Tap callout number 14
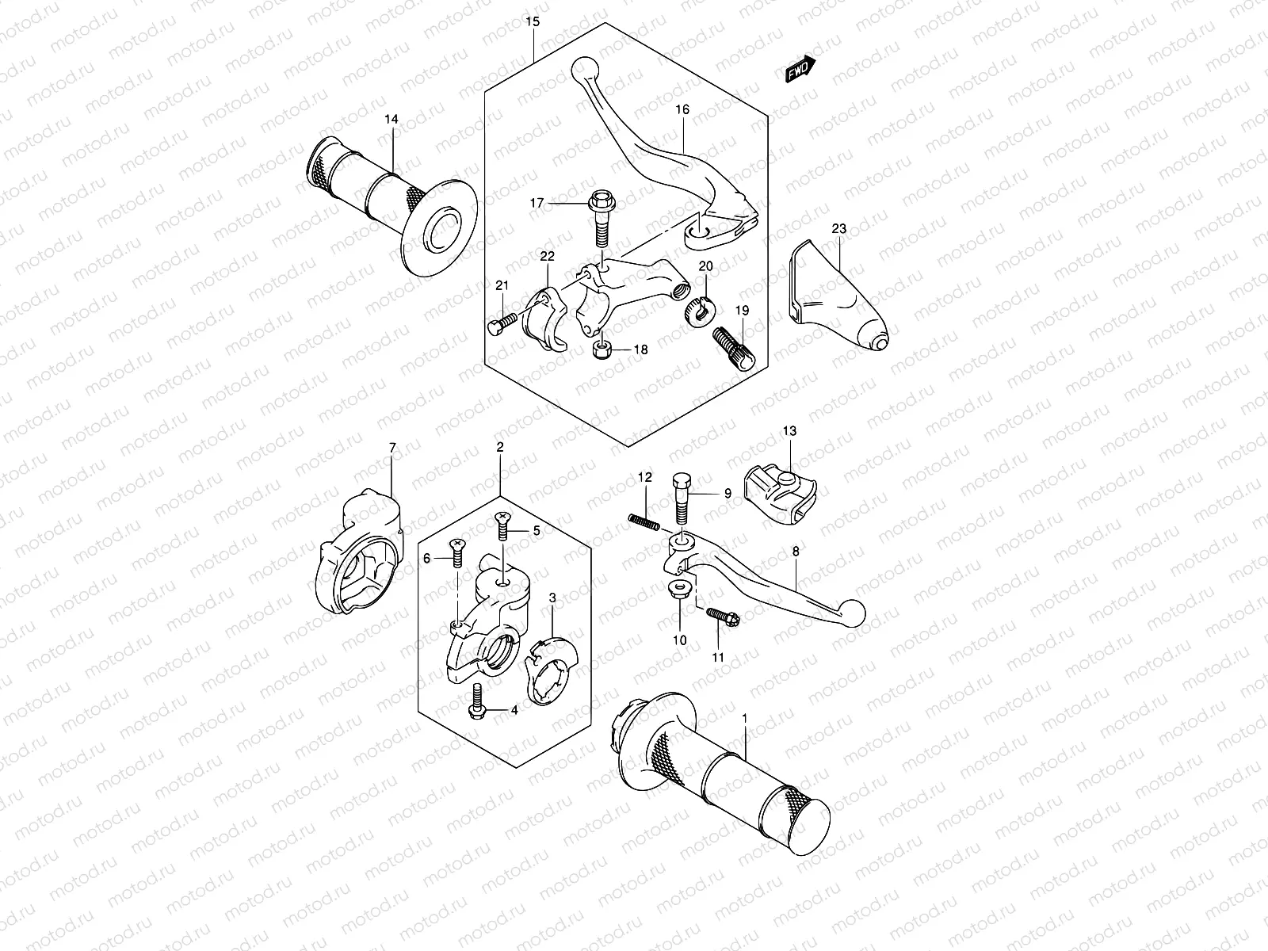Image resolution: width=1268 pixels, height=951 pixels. click(391, 120)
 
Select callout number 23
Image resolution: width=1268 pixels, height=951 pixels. click(839, 229)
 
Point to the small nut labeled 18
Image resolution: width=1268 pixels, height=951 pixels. click(603, 349)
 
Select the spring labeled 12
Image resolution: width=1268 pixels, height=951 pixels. click(645, 520)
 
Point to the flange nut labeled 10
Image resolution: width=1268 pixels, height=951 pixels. click(680, 589)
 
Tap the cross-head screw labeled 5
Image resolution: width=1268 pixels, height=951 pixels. click(502, 529)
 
